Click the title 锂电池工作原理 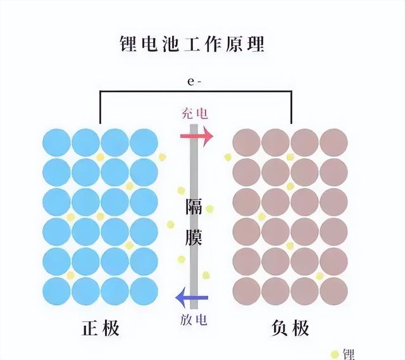pyautogui.click(x=192, y=44)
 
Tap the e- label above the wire pyautogui.click(x=194, y=82)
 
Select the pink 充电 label pyautogui.click(x=195, y=113)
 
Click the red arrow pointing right pyautogui.click(x=197, y=136)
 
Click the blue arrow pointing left pyautogui.click(x=192, y=297)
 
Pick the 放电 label pyautogui.click(x=194, y=320)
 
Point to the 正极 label pyautogui.click(x=101, y=328)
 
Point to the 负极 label pyautogui.click(x=290, y=328)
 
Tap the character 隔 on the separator pyautogui.click(x=194, y=206)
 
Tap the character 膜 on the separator pyautogui.click(x=194, y=237)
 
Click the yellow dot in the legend pyautogui.click(x=335, y=354)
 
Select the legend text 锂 pyautogui.click(x=348, y=354)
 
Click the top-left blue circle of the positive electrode pyautogui.click(x=56, y=142)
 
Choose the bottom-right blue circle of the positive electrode pyautogui.click(x=144, y=291)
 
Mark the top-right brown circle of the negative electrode pyautogui.click(x=333, y=142)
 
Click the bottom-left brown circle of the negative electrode pyautogui.click(x=246, y=291)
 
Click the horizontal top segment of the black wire pyautogui.click(x=196, y=91)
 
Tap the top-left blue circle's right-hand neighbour pyautogui.click(x=86, y=142)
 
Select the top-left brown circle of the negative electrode pyautogui.click(x=246, y=142)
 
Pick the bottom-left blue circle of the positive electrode pyautogui.click(x=56, y=291)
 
